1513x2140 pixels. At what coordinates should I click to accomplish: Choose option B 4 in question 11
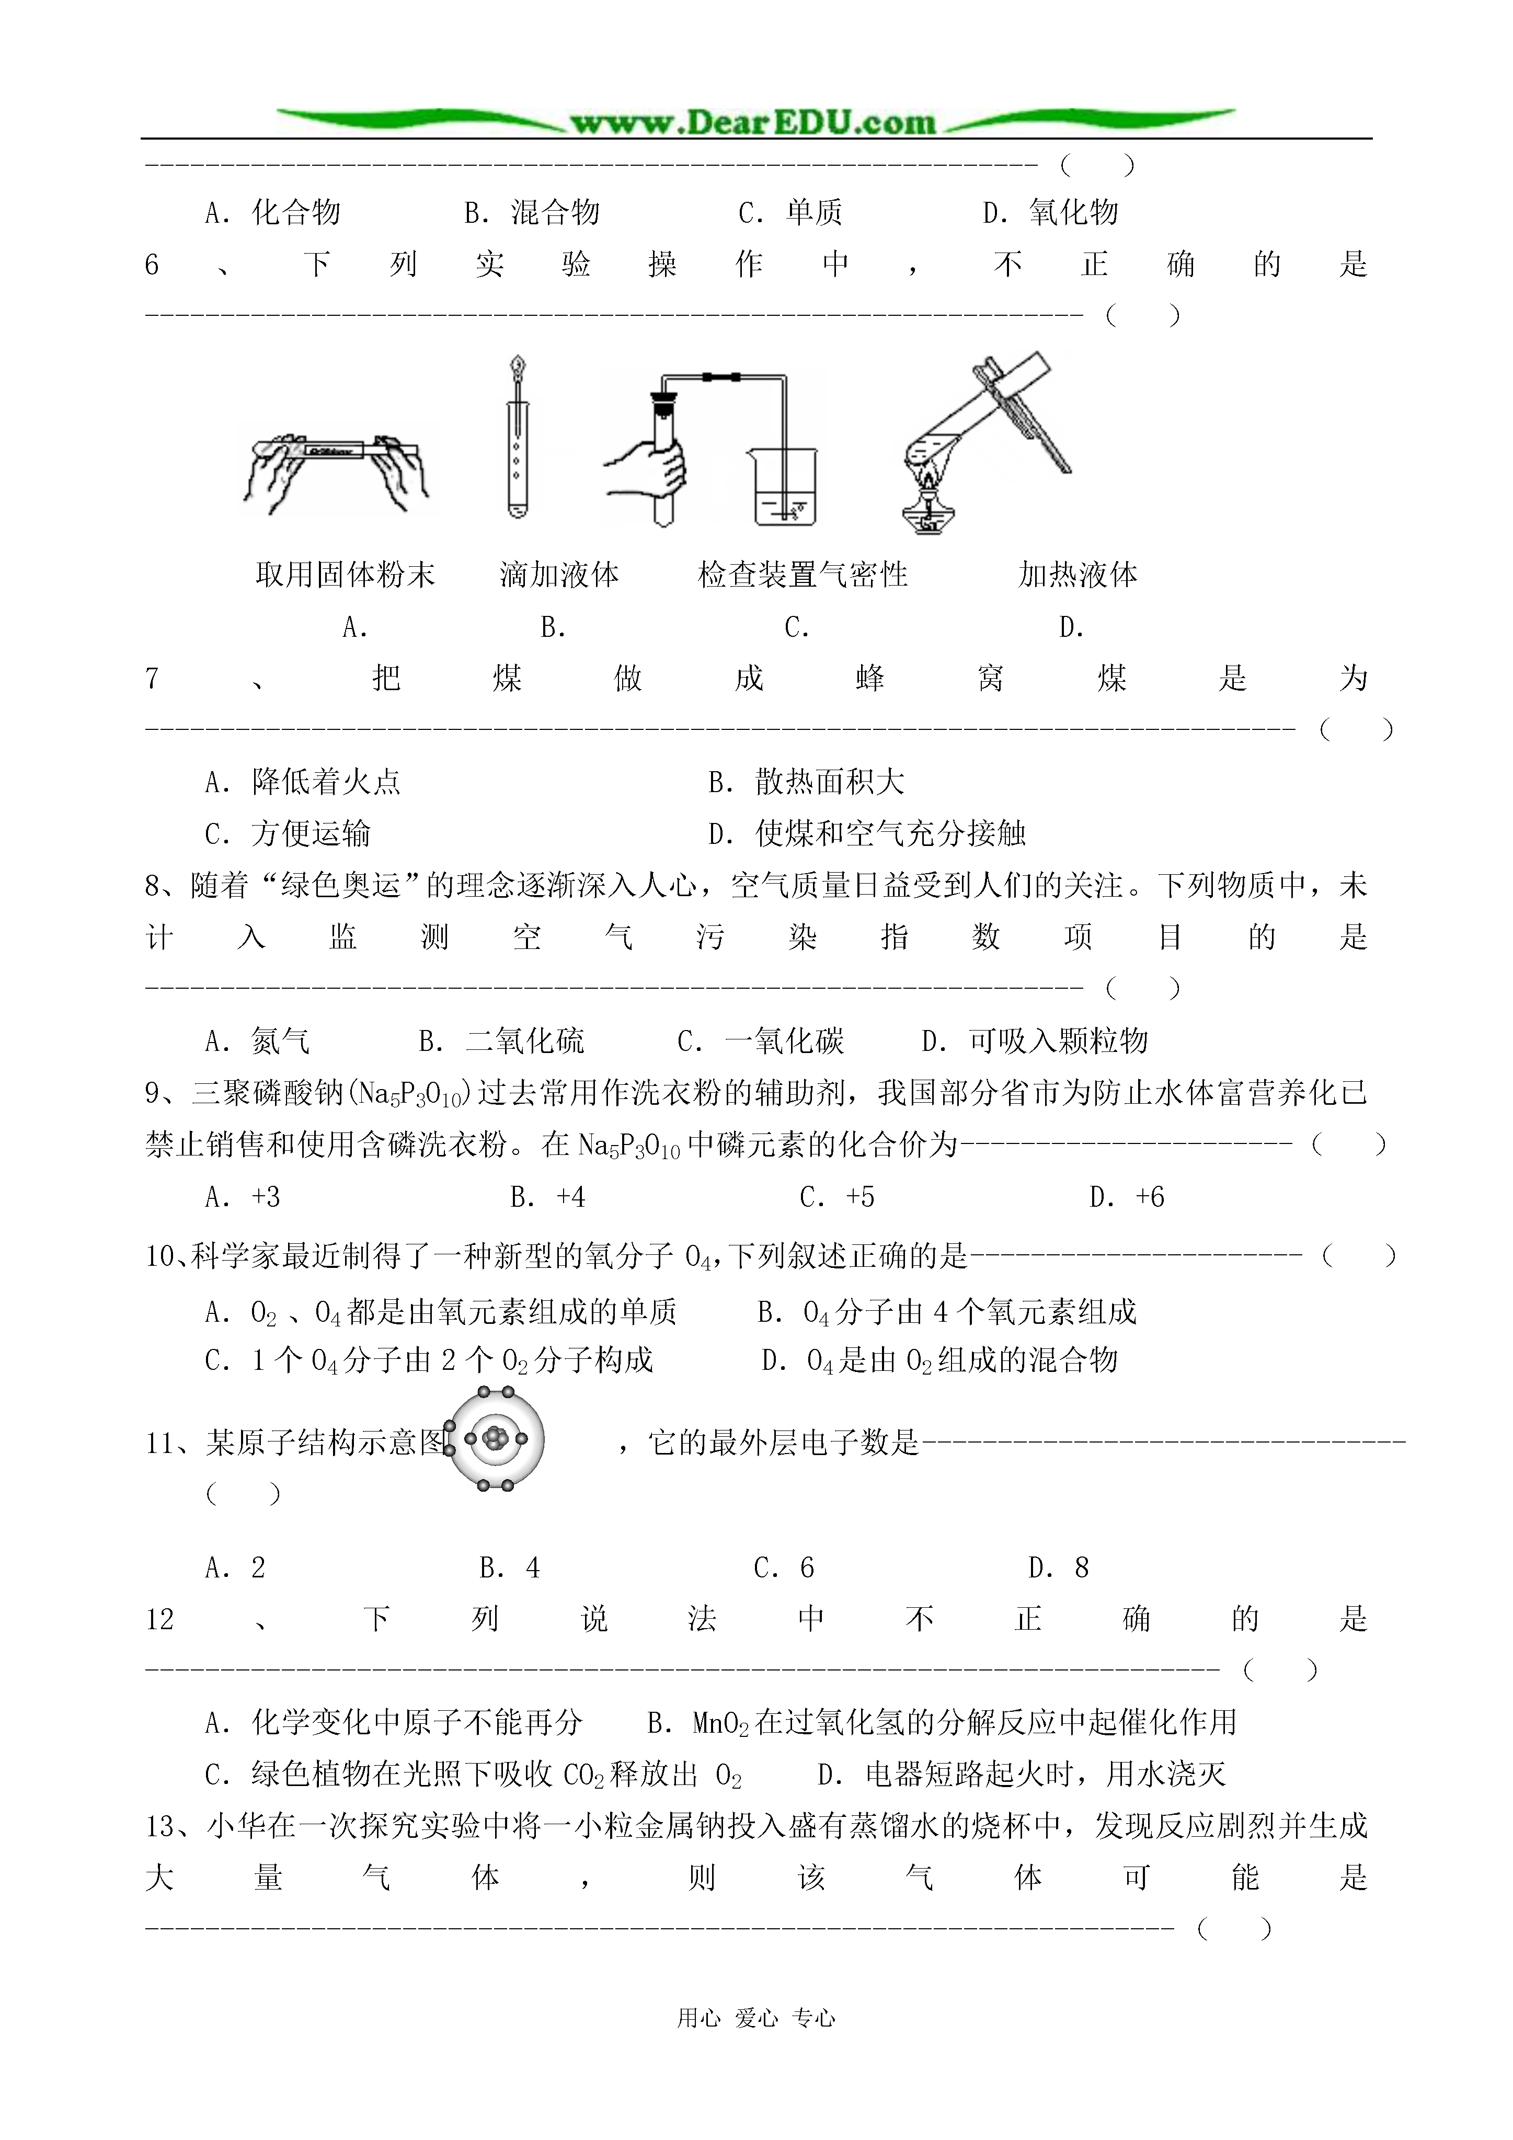click(x=510, y=1567)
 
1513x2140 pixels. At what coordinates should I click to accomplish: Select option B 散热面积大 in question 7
click(x=806, y=781)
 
